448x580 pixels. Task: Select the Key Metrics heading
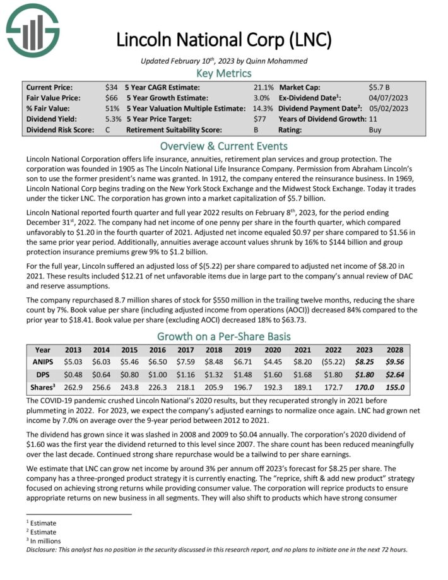click(x=224, y=73)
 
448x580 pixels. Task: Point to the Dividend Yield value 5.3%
click(x=112, y=119)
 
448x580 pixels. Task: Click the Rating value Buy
click(x=375, y=130)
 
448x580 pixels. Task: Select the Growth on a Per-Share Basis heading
click(x=224, y=336)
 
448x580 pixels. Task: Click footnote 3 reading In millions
click(x=42, y=541)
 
